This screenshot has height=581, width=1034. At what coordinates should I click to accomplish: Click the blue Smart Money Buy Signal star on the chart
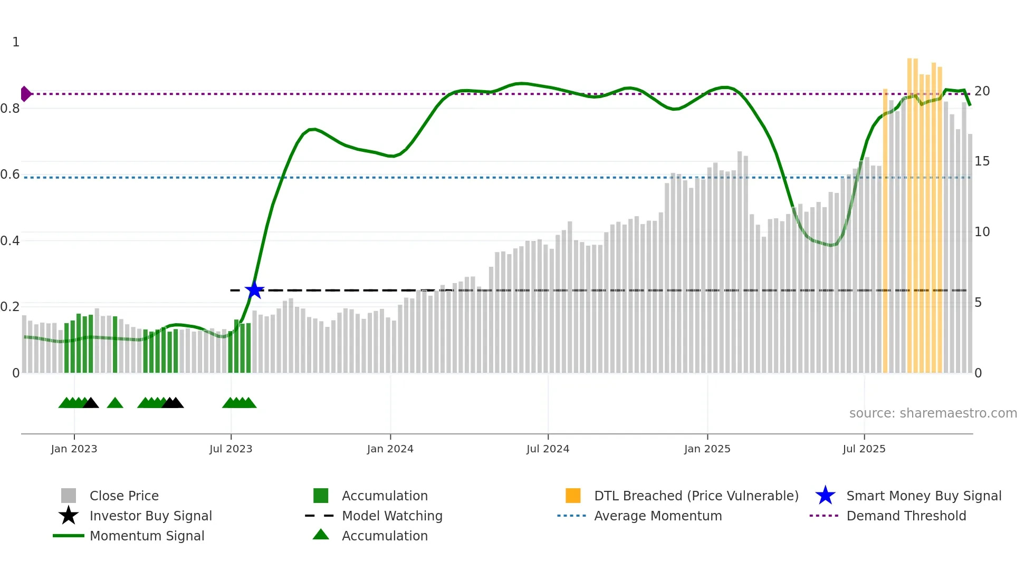click(x=254, y=290)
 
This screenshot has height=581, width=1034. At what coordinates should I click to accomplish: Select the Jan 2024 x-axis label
click(x=390, y=449)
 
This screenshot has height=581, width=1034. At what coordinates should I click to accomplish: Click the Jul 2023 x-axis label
click(x=231, y=449)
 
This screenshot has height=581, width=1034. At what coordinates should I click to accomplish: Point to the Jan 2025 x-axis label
click(x=707, y=449)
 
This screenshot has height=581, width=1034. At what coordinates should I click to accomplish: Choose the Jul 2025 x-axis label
click(x=864, y=449)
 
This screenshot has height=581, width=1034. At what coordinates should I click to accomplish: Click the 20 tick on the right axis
click(x=982, y=91)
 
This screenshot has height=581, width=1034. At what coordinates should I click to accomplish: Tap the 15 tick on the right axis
click(x=982, y=161)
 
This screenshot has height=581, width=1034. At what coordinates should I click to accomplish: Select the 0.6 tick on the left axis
click(x=11, y=175)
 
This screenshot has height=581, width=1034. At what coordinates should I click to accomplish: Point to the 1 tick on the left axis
click(x=16, y=42)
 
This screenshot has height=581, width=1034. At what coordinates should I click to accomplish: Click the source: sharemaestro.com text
click(x=933, y=413)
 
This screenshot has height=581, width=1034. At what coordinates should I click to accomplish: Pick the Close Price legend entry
click(x=124, y=496)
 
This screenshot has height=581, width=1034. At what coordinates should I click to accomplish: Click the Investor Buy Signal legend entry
click(x=150, y=516)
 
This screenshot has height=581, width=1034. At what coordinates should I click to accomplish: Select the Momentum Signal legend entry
click(x=147, y=536)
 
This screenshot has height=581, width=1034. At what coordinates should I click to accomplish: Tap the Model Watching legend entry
click(x=392, y=516)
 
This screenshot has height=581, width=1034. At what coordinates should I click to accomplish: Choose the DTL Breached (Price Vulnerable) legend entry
click(x=696, y=496)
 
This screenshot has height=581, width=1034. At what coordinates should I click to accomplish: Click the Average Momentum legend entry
click(x=658, y=516)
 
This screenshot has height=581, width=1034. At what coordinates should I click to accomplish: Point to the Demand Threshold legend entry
click(x=906, y=516)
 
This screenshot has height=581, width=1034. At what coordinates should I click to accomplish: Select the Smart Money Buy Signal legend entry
click(x=924, y=496)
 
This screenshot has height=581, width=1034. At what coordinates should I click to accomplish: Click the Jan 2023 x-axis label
click(x=74, y=449)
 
